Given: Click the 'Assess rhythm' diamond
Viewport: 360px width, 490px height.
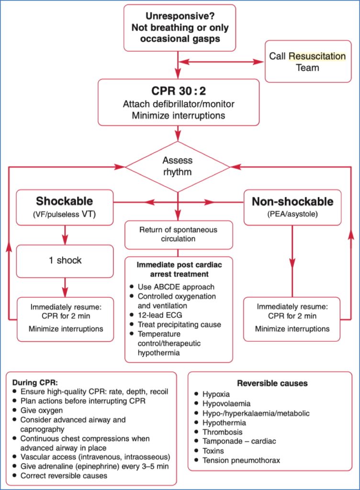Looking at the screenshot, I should tap(178, 166).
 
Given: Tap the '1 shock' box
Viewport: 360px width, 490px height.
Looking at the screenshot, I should tap(65, 260).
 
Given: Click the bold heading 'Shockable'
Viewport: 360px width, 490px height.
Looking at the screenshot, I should tap(65, 201).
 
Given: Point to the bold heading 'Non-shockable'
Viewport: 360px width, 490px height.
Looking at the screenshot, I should tap(292, 201).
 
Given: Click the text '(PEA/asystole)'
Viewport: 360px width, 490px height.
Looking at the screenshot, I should tap(292, 215).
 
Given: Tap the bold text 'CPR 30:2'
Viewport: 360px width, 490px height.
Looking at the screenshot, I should tap(178, 91).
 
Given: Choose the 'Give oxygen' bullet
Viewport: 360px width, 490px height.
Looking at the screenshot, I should tap(42, 410).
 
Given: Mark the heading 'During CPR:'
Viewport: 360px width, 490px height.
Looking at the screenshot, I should tap(34, 383).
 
